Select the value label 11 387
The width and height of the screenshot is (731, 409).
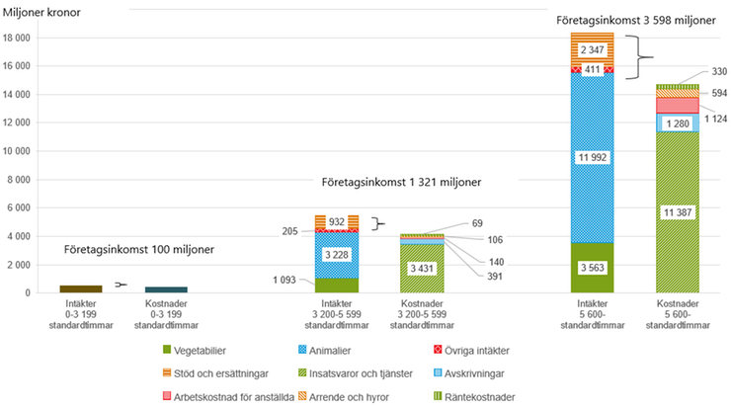click(679, 212)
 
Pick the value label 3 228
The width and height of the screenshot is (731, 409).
click(336, 257)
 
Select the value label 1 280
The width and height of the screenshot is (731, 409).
click(679, 123)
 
